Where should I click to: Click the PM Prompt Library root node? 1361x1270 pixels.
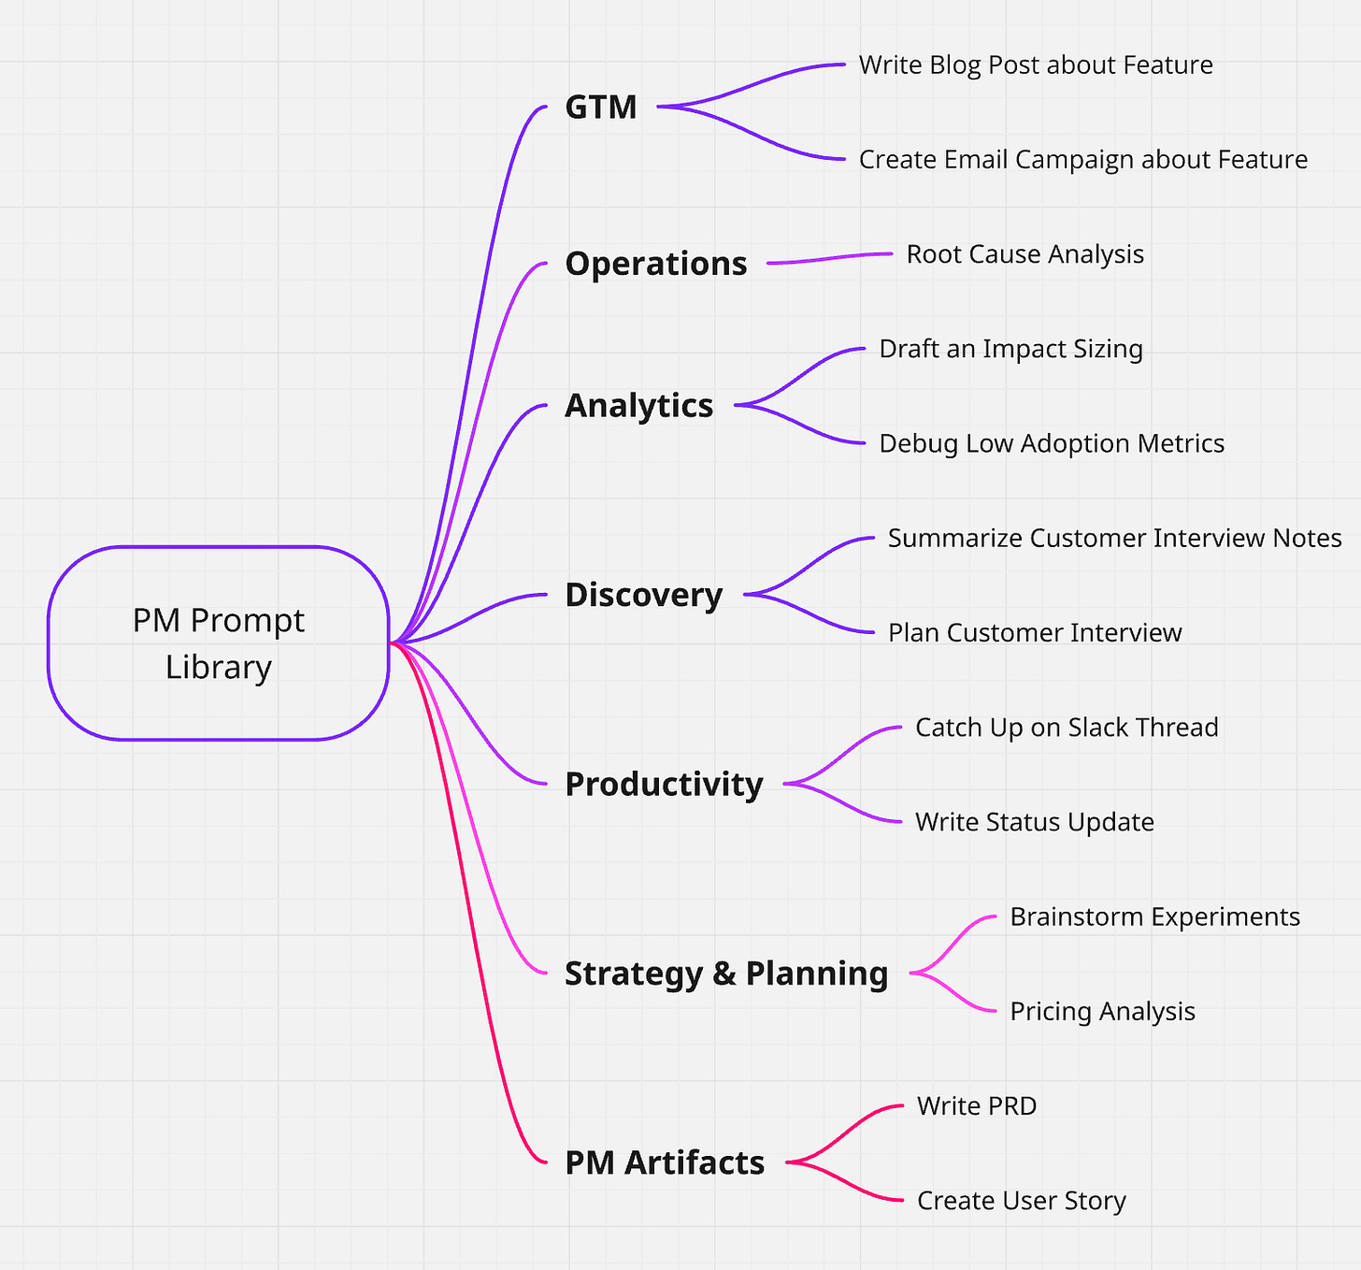click(218, 643)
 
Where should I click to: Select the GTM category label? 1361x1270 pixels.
click(601, 108)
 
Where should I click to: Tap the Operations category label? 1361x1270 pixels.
click(655, 264)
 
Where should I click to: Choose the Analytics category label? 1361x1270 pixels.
click(638, 406)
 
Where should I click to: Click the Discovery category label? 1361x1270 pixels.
click(643, 595)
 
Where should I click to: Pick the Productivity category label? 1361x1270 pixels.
click(664, 784)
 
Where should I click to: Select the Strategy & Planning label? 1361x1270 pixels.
click(725, 974)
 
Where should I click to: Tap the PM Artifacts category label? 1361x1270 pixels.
click(665, 1162)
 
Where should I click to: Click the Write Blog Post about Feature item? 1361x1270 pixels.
click(1035, 65)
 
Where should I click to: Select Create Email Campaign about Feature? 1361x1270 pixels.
click(1082, 160)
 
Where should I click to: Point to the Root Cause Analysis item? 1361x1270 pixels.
click(1024, 254)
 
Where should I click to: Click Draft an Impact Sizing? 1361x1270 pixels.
click(1010, 349)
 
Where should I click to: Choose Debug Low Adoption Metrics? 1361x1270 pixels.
click(1051, 443)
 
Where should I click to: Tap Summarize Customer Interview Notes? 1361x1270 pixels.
click(1114, 539)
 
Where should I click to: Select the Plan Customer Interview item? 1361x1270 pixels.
click(1034, 633)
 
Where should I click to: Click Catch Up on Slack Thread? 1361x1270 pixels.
click(1066, 728)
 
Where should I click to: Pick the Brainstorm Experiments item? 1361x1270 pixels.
click(1154, 916)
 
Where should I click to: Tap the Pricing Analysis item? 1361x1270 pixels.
click(1102, 1012)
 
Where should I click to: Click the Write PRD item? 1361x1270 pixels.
click(976, 1106)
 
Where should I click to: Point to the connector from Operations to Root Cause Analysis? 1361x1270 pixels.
click(829, 258)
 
